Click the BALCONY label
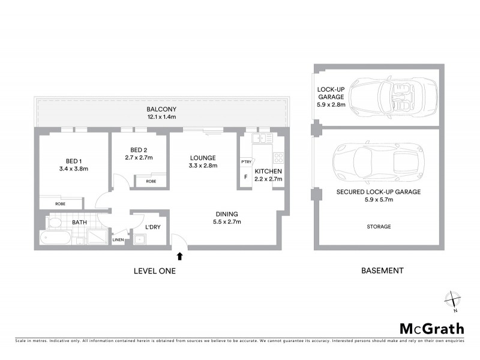(160, 109)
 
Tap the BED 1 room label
(77, 161)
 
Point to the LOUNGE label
(202, 157)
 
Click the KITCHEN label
(267, 171)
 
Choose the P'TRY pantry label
(245, 162)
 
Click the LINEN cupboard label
(119, 241)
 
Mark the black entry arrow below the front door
(179, 257)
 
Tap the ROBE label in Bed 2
(151, 181)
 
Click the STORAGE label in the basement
(379, 227)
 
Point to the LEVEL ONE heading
(154, 271)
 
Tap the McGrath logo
(431, 328)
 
